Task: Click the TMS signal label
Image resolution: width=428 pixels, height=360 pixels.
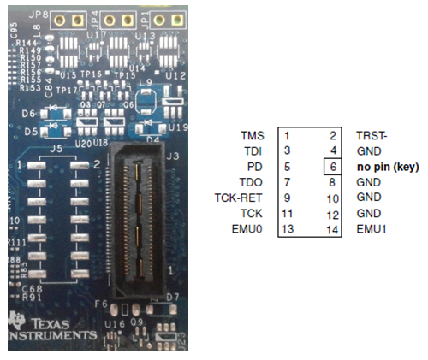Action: click(253, 135)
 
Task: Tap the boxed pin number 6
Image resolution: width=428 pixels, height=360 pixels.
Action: click(333, 167)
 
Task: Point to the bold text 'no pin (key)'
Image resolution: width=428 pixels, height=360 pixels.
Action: click(388, 167)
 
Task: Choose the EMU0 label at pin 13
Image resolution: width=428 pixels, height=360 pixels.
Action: click(249, 229)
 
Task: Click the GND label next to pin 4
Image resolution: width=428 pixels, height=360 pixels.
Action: click(368, 151)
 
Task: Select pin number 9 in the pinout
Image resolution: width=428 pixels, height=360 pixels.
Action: click(288, 198)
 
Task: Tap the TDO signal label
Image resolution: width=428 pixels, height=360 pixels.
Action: click(253, 182)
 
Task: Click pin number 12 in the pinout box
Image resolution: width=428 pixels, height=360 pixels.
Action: click(333, 214)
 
